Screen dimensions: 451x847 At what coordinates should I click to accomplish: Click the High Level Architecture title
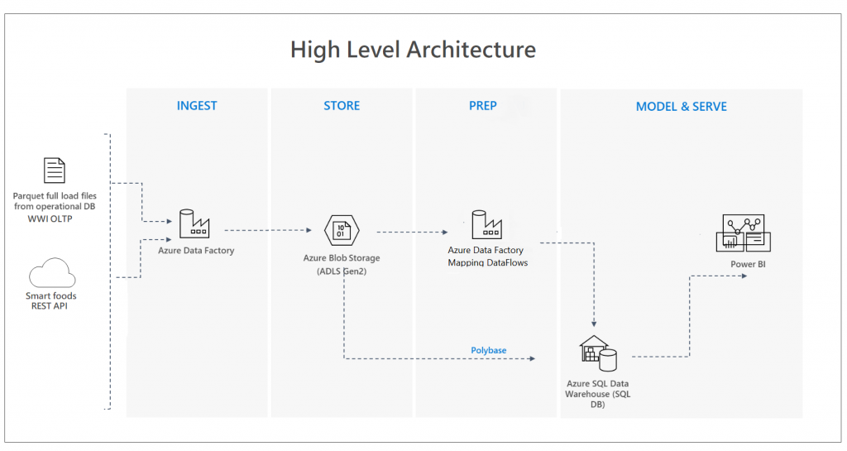pos(413,50)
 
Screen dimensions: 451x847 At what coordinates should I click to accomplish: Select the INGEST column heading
pos(197,106)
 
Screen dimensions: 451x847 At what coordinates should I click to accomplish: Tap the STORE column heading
pos(342,106)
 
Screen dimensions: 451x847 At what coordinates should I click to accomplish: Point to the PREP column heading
pos(483,106)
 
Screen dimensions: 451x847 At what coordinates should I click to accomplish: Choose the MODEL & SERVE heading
pos(681,107)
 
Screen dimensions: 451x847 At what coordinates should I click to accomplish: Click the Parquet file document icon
pos(55,171)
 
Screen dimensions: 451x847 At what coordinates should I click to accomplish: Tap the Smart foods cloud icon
pos(51,275)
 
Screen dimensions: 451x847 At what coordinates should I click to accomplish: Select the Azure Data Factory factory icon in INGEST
pos(195,224)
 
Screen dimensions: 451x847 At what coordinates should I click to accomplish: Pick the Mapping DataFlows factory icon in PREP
pos(487,224)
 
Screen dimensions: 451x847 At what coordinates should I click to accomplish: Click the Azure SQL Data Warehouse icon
pos(597,354)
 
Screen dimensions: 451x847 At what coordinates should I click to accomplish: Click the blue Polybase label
pos(488,350)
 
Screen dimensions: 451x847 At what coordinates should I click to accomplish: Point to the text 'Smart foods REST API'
pos(51,300)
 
